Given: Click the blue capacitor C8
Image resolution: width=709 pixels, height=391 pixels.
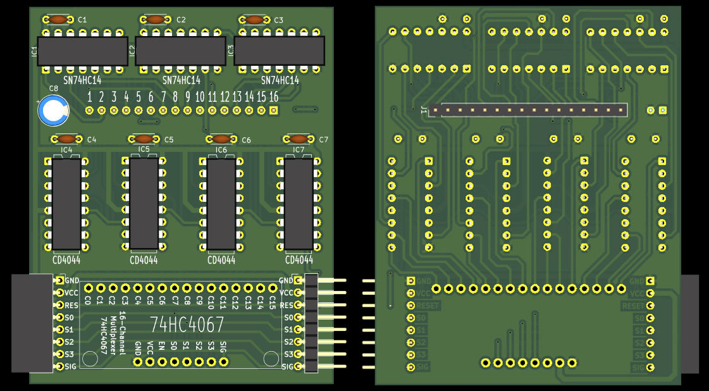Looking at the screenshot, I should tap(53, 111).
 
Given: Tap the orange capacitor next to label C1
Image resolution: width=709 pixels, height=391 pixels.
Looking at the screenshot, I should tap(58, 20).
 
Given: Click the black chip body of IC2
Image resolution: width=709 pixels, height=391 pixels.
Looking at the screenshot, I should tap(180, 51).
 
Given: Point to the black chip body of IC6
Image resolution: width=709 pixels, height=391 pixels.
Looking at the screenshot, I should tap(221, 204).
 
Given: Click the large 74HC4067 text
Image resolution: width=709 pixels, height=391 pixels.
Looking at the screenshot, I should tap(187, 325).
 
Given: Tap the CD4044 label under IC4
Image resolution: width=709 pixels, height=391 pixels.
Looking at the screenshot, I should tap(66, 260).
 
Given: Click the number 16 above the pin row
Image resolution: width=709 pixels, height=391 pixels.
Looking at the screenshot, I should tap(273, 97).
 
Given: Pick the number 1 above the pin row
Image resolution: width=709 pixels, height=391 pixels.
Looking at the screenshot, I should tap(90, 97).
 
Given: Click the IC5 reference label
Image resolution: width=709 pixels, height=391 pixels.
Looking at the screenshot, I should tap(144, 150).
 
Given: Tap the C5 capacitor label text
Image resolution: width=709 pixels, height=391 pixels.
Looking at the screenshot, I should tap(168, 140).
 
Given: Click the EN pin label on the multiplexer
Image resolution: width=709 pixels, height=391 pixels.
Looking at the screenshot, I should tap(161, 345).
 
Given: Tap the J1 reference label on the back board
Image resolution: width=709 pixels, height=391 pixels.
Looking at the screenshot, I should tap(423, 110).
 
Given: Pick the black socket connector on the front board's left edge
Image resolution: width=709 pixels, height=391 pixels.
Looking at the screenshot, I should tap(32, 323).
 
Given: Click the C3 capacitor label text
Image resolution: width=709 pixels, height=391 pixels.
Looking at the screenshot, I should tap(278, 20).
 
